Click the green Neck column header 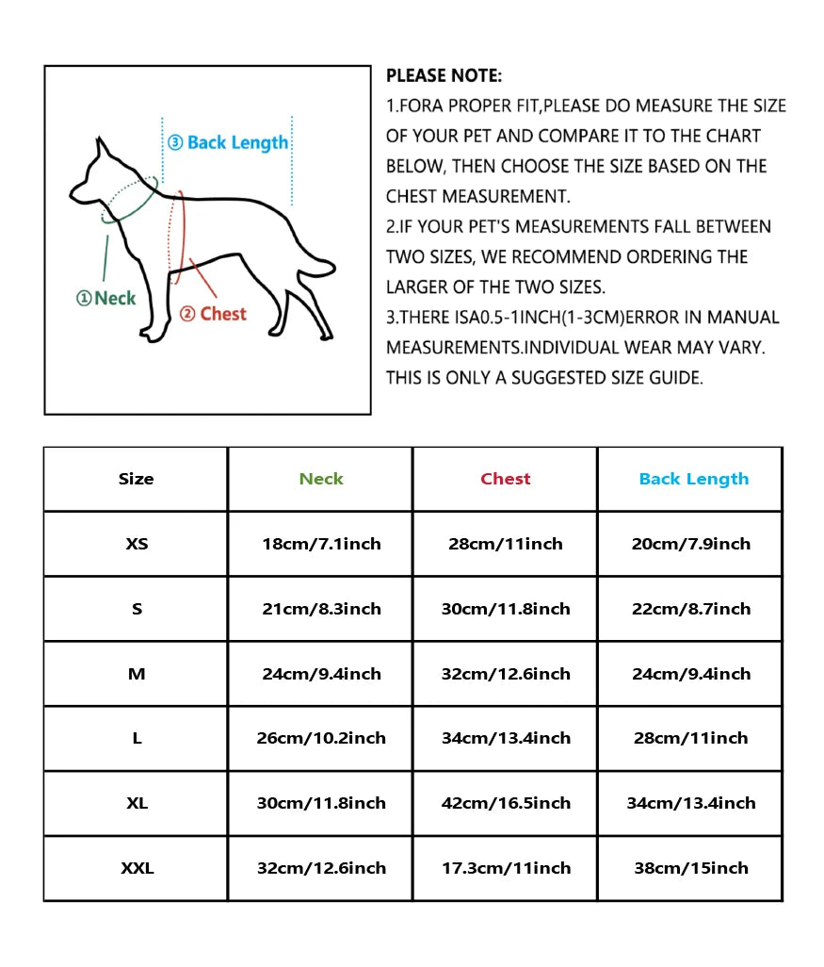coord(321,479)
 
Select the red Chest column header coord(506,479)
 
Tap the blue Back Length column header coord(693,479)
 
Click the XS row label coord(137,544)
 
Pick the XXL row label coord(137,868)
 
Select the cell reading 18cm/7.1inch coord(321,544)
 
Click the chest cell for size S coord(506,609)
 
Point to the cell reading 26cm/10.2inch coord(321,738)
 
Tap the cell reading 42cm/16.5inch coord(506,803)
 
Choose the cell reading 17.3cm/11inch coord(506,868)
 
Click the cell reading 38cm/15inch coord(690,868)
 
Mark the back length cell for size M coord(690,674)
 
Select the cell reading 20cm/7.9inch coord(690,544)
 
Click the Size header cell coord(137,479)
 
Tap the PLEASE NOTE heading coord(444,76)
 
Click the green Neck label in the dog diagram coord(106,299)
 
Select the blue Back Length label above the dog coord(228,143)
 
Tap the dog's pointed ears coord(103,151)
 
